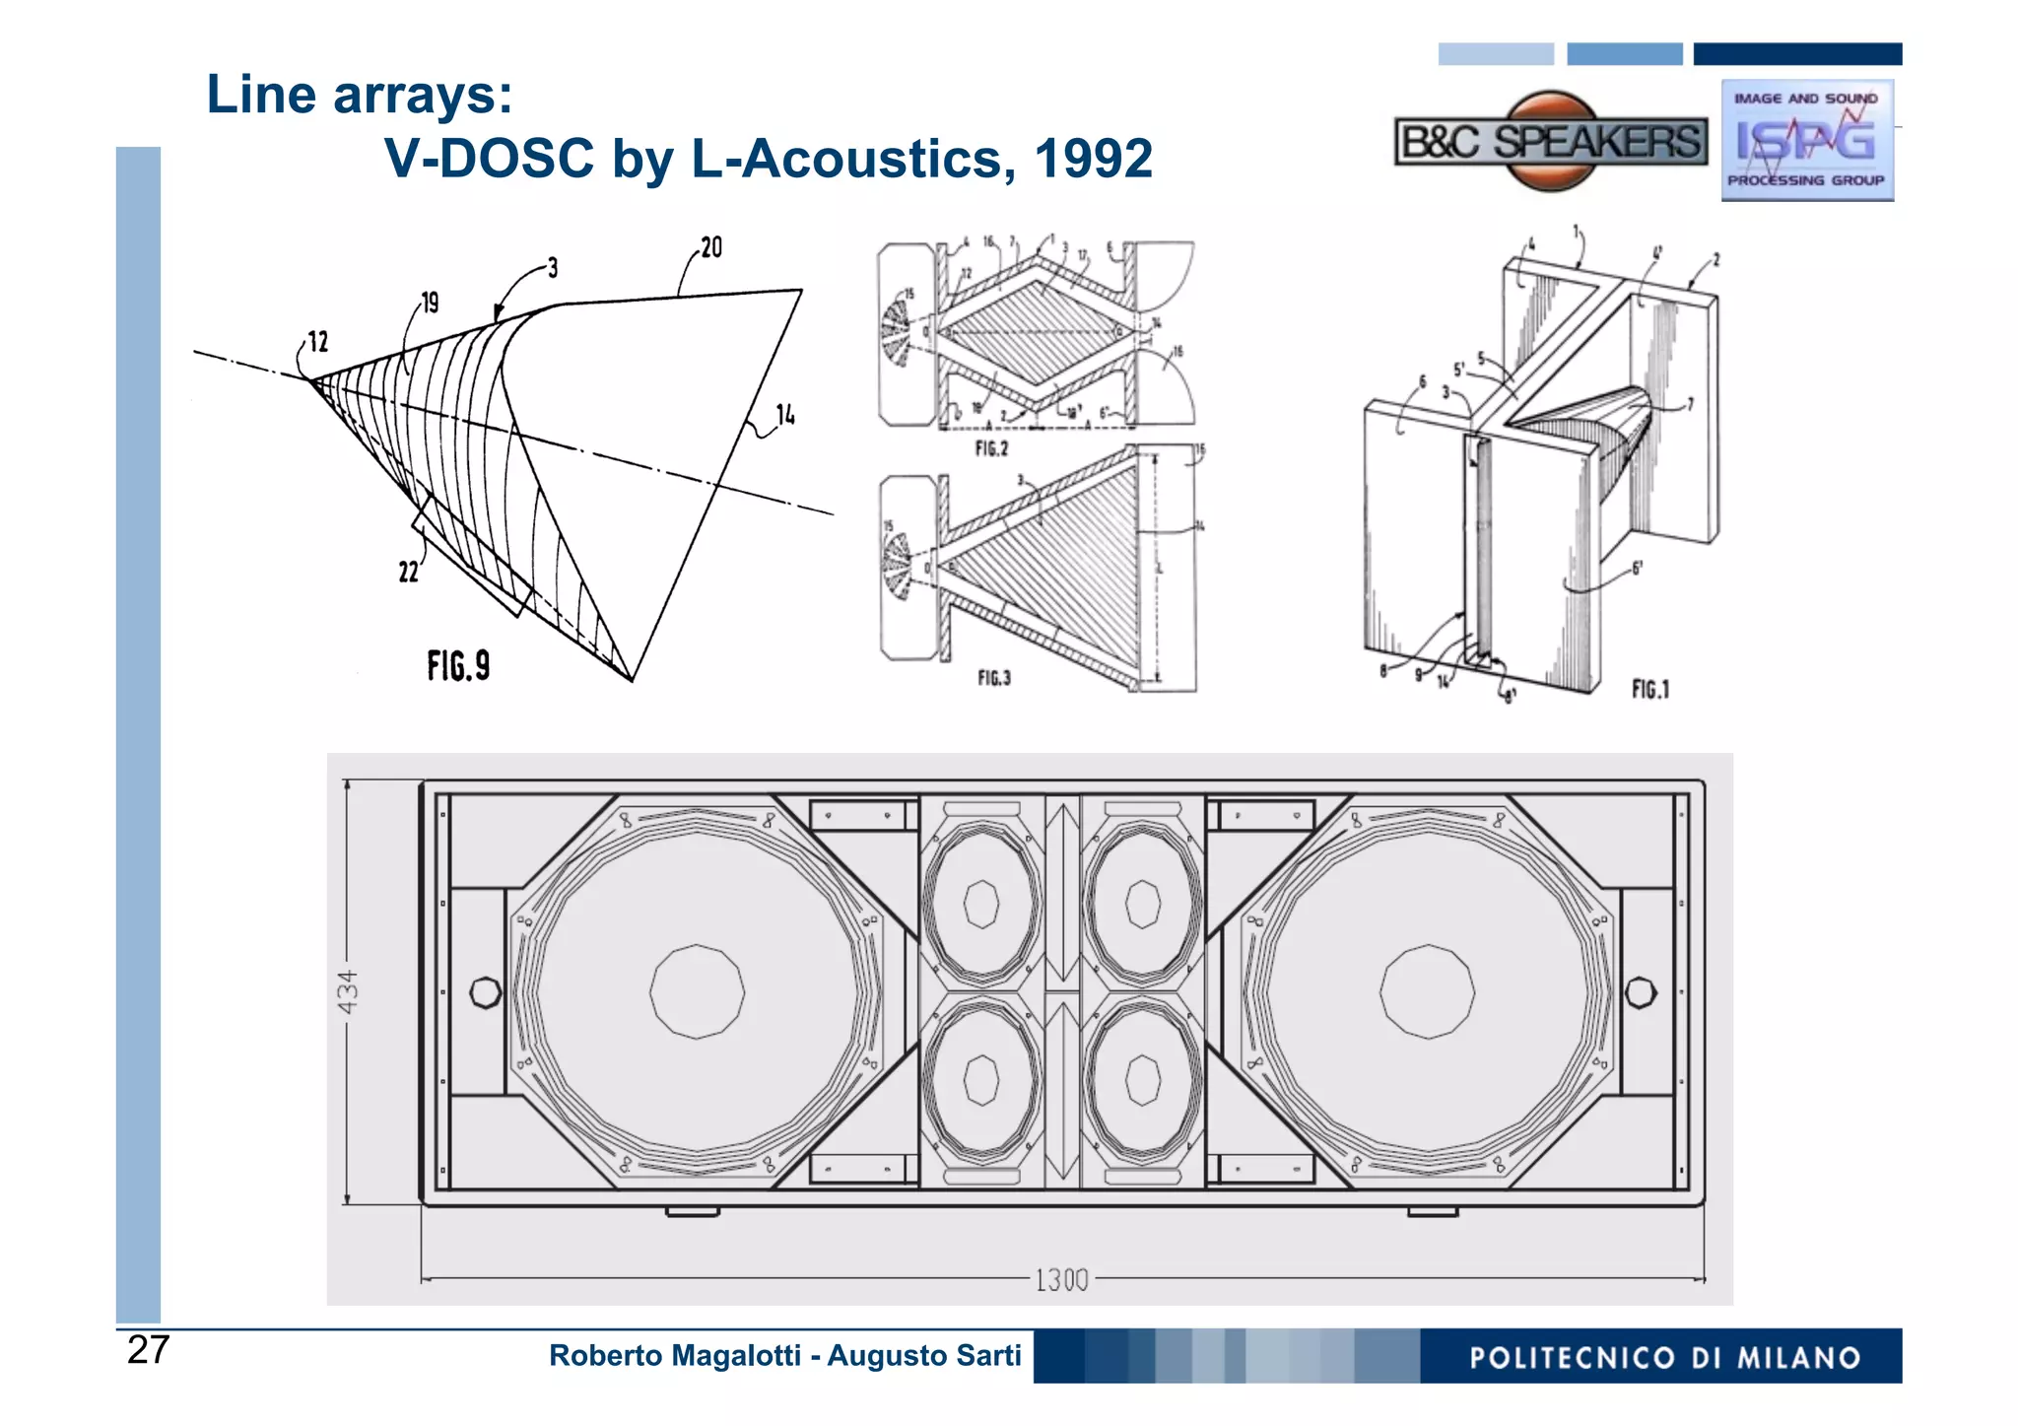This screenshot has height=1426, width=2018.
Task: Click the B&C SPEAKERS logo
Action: pyautogui.click(x=1551, y=142)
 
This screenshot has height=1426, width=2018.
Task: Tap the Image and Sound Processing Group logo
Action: pyautogui.click(x=1806, y=140)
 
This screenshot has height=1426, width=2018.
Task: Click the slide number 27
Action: pyautogui.click(x=148, y=1349)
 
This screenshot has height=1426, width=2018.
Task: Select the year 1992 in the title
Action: pyautogui.click(x=1093, y=159)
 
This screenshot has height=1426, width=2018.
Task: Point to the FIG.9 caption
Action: pyautogui.click(x=458, y=666)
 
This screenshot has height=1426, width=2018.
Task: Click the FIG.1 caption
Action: pyautogui.click(x=1650, y=689)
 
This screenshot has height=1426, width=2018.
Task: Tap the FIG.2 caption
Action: pyautogui.click(x=991, y=449)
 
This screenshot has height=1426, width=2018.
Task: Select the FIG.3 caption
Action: pyautogui.click(x=993, y=678)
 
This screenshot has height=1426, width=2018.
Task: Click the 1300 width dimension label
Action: pyautogui.click(x=1061, y=1280)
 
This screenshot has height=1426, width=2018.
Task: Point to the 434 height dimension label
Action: pyautogui.click(x=348, y=991)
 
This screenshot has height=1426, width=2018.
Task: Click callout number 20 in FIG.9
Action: pyautogui.click(x=710, y=247)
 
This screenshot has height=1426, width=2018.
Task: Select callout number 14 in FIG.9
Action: pyautogui.click(x=785, y=415)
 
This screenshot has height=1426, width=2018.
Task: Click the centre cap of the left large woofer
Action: pyautogui.click(x=697, y=991)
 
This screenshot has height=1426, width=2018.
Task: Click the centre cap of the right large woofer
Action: pyautogui.click(x=1427, y=991)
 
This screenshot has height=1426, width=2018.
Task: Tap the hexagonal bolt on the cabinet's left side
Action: pyautogui.click(x=485, y=992)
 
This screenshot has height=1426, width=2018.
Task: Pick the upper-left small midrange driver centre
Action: pyautogui.click(x=981, y=904)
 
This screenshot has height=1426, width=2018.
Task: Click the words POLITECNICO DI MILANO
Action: pyautogui.click(x=1664, y=1358)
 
